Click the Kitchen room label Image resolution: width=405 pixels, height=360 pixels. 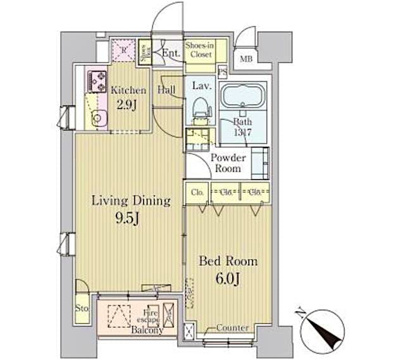pos(128,90)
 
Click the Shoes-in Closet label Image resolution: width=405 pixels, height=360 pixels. pos(199,49)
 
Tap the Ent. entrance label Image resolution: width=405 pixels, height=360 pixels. pos(170,54)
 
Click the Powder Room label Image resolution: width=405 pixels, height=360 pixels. pos(225,163)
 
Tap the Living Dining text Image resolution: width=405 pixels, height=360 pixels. pos(131,201)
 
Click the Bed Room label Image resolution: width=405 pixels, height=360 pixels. pos(228,261)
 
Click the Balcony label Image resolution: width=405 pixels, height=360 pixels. pos(147,330)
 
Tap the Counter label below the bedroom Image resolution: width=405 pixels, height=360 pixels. pos(232,328)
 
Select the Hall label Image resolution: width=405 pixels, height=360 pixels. pos(167,90)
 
